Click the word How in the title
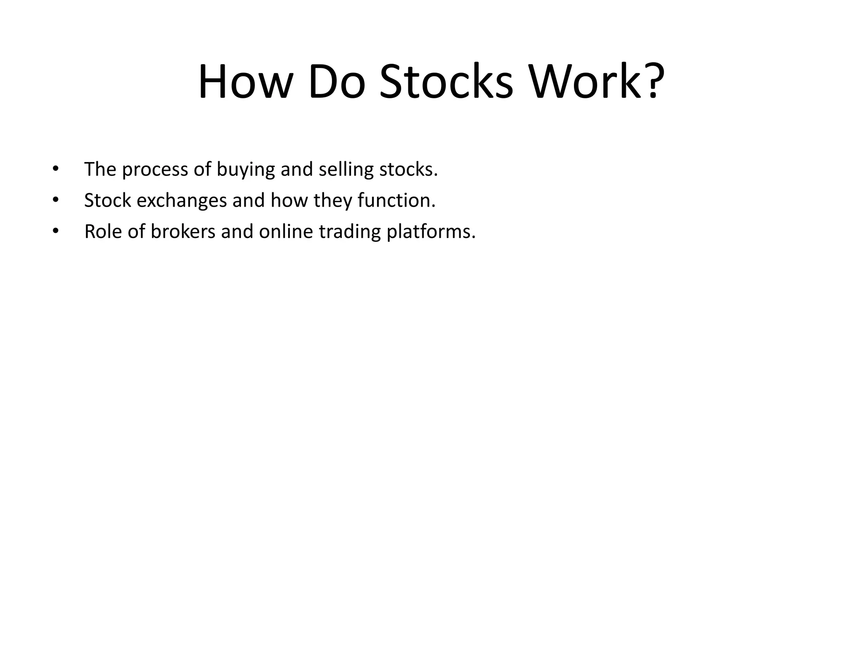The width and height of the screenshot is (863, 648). click(x=245, y=82)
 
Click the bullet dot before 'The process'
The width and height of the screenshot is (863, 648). click(x=55, y=169)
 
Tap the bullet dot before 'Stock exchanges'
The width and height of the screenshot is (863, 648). click(x=55, y=200)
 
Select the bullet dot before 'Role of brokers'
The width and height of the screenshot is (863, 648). click(x=55, y=231)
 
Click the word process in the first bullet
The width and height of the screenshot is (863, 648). click(x=155, y=170)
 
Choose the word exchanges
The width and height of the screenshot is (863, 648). click(x=182, y=201)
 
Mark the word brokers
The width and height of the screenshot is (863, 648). click(x=183, y=231)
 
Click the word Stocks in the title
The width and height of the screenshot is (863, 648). click(x=446, y=82)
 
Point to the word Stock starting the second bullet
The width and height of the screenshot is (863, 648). click(x=107, y=200)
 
